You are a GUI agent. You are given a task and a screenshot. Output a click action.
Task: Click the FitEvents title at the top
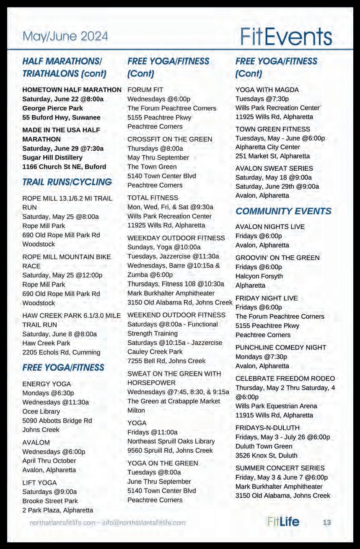(x=286, y=37)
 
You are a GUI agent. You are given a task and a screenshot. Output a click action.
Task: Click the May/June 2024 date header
(x=65, y=36)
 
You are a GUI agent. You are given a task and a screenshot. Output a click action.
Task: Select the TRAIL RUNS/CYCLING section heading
(x=67, y=182)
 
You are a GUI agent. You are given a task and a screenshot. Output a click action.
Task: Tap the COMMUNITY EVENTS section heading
(x=283, y=211)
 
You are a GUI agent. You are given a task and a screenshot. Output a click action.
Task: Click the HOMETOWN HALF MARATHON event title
(x=72, y=90)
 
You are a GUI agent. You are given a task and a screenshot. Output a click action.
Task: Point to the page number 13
(x=327, y=522)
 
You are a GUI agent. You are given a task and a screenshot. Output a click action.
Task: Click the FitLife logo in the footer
(x=283, y=522)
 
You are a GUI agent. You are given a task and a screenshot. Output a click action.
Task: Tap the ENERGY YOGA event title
(x=47, y=384)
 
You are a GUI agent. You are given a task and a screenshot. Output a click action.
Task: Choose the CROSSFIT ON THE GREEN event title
(x=170, y=139)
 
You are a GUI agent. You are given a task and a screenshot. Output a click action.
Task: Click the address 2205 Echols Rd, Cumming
(x=61, y=352)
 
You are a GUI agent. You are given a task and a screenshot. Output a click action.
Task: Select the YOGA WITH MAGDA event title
(x=267, y=90)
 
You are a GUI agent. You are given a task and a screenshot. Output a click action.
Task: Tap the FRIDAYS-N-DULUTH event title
(x=267, y=428)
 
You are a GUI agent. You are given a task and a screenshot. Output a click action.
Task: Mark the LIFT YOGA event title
(x=39, y=483)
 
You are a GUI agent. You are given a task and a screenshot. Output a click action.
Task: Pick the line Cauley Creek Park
(x=155, y=351)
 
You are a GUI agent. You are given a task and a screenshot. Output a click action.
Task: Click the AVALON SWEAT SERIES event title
(x=274, y=168)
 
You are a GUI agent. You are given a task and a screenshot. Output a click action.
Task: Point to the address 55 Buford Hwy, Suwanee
(x=61, y=117)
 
